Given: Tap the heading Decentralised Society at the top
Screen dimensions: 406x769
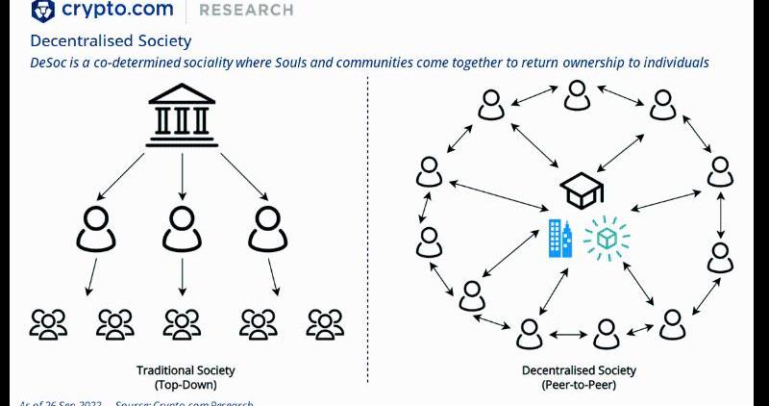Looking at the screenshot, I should click(111, 41).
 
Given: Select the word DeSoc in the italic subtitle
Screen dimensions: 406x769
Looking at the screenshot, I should click(50, 63).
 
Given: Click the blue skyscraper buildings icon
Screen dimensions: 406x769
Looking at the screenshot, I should click(558, 237).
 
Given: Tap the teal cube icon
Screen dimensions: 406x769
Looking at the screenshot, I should click(608, 238).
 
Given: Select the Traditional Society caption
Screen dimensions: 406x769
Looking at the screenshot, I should click(185, 370).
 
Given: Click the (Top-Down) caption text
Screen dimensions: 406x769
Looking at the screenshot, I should click(185, 385).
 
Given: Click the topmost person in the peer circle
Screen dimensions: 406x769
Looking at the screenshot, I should click(577, 94).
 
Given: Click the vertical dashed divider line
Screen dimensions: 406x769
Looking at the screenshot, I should click(369, 241).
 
